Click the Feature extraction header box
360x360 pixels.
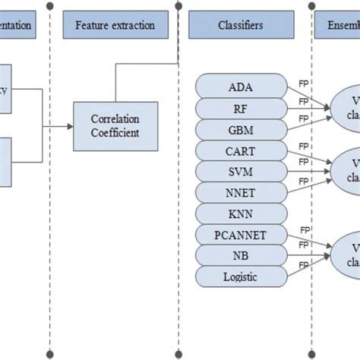tap(115, 26)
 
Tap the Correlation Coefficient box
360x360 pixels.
tap(115, 126)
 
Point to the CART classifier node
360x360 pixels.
tap(241, 150)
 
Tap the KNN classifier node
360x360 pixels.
tap(241, 213)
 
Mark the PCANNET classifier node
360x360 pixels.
tap(241, 234)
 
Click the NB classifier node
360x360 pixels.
tap(241, 255)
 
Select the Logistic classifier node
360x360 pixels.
tap(241, 276)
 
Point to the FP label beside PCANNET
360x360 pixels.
tap(305, 229)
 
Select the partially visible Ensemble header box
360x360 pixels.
tap(338, 26)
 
